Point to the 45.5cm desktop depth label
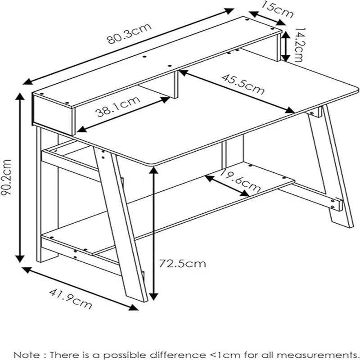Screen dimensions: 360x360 (x=243, y=83)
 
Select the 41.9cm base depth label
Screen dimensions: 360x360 (x=70, y=297)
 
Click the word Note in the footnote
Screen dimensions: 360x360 (x=26, y=355)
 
